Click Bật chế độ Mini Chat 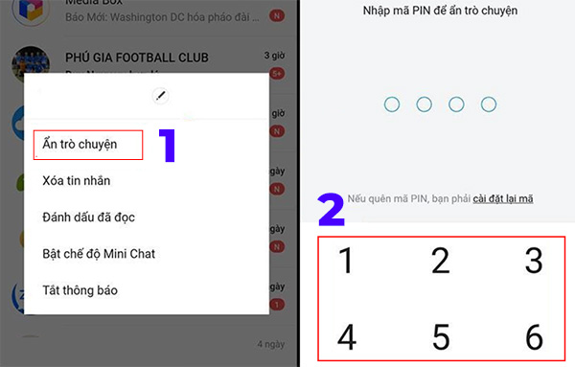click(99, 254)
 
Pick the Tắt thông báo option click(80, 289)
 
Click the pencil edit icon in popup click(160, 95)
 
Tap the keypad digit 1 click(348, 261)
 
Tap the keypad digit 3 click(534, 261)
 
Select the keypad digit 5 click(441, 337)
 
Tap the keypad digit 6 click(534, 337)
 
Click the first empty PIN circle click(392, 104)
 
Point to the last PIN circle click(490, 104)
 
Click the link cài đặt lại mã click(502, 198)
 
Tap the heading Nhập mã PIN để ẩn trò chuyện click(441, 11)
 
